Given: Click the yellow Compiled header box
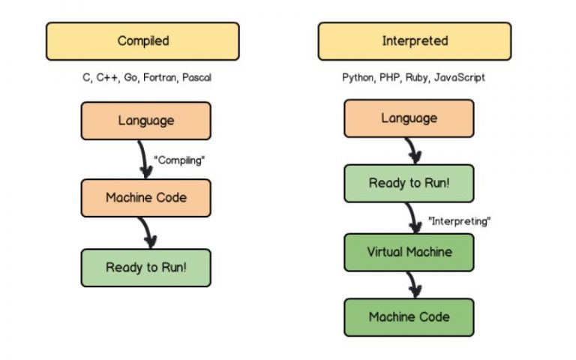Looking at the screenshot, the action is pos(142,41).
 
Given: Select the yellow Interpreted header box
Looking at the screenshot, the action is pos(414,41).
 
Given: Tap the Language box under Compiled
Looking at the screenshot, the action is pos(145,121).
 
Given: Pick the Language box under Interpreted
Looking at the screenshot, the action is pos(409,118).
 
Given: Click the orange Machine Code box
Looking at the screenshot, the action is pos(145,198).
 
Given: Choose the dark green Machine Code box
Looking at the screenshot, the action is pos(409,317).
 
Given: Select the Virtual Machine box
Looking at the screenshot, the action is pos(409,252).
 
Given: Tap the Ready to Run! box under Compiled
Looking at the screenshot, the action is pos(145,268).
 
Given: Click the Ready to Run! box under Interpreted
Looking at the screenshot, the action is pos(409,183).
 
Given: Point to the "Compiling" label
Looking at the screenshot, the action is pos(179,160).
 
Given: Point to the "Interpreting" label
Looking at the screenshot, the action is pos(459,221).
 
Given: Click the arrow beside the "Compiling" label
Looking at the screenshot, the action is pos(144,160).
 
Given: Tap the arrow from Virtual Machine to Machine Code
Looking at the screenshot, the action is pos(413,284).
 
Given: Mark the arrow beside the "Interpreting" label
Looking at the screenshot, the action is pos(413,218).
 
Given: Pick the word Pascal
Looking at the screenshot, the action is pos(196,77).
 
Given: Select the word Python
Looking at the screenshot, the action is pos(358,78).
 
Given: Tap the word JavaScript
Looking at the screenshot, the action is pos(459,78).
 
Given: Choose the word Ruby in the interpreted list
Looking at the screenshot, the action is pos(416,78).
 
